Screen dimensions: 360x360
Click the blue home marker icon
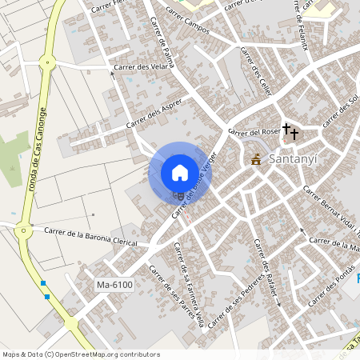coord(179,172)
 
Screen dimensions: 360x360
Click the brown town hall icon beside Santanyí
coord(256,159)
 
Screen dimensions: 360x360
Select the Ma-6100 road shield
coord(114,285)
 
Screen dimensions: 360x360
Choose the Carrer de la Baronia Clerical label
coord(90,237)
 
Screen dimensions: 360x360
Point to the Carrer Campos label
coord(188,21)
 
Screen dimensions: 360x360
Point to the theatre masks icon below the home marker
coord(179,194)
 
